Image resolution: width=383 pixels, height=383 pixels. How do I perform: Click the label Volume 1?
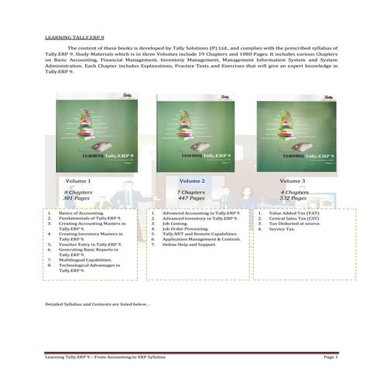point(77,180)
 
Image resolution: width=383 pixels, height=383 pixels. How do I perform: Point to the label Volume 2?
point(191,180)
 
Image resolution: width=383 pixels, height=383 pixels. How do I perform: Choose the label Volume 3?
point(292,180)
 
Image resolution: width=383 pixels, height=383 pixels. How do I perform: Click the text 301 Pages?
point(77,199)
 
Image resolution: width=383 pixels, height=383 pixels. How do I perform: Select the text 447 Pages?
point(191,199)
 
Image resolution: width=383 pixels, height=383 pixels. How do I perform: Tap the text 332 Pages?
point(293,199)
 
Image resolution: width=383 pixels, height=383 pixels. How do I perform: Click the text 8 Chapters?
point(77,192)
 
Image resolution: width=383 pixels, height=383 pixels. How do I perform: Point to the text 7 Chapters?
point(191,192)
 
